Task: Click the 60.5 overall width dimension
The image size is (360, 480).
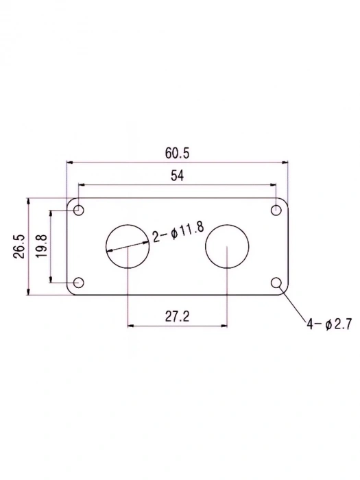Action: [176, 152]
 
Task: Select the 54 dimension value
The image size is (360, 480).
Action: [176, 175]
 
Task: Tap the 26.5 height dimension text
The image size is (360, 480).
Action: [18, 247]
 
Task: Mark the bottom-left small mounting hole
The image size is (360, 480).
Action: [78, 283]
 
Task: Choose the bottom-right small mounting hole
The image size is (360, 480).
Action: [277, 283]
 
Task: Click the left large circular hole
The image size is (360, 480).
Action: [127, 246]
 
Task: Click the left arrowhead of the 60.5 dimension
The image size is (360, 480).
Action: [69, 163]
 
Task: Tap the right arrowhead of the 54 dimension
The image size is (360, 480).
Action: [274, 185]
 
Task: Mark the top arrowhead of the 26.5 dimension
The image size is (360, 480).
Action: [27, 200]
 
